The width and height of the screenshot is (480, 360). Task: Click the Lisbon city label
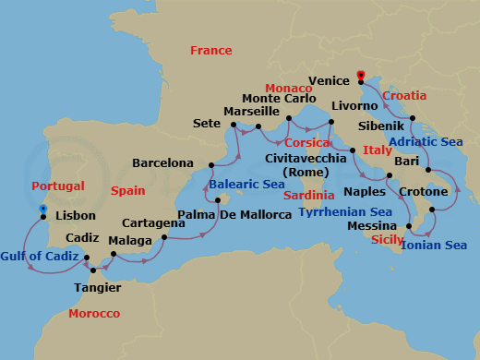pos(76,216)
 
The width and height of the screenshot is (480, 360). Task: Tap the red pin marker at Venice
pos(360,76)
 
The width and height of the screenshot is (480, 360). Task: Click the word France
pos(210,51)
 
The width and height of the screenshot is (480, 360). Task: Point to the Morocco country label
pos(94,314)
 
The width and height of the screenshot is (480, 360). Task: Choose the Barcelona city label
pos(162,163)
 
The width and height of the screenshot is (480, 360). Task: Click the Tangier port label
pos(97,287)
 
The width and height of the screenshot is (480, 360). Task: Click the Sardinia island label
pos(308,196)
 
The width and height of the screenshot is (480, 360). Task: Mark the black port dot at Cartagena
pos(163,238)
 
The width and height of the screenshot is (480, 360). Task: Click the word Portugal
pos(57,186)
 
